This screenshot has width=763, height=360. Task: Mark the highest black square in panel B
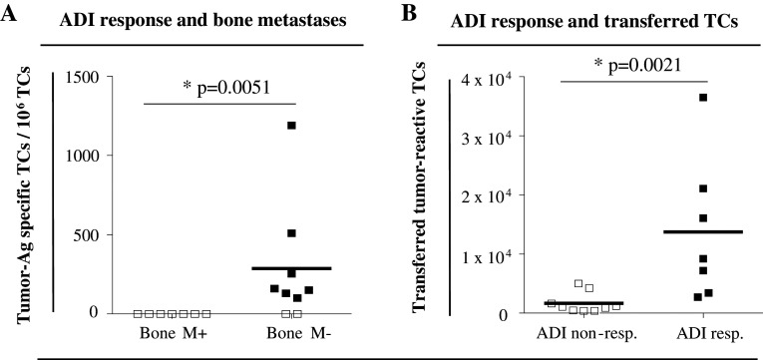[703, 97]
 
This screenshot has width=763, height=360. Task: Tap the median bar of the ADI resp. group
[703, 231]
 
